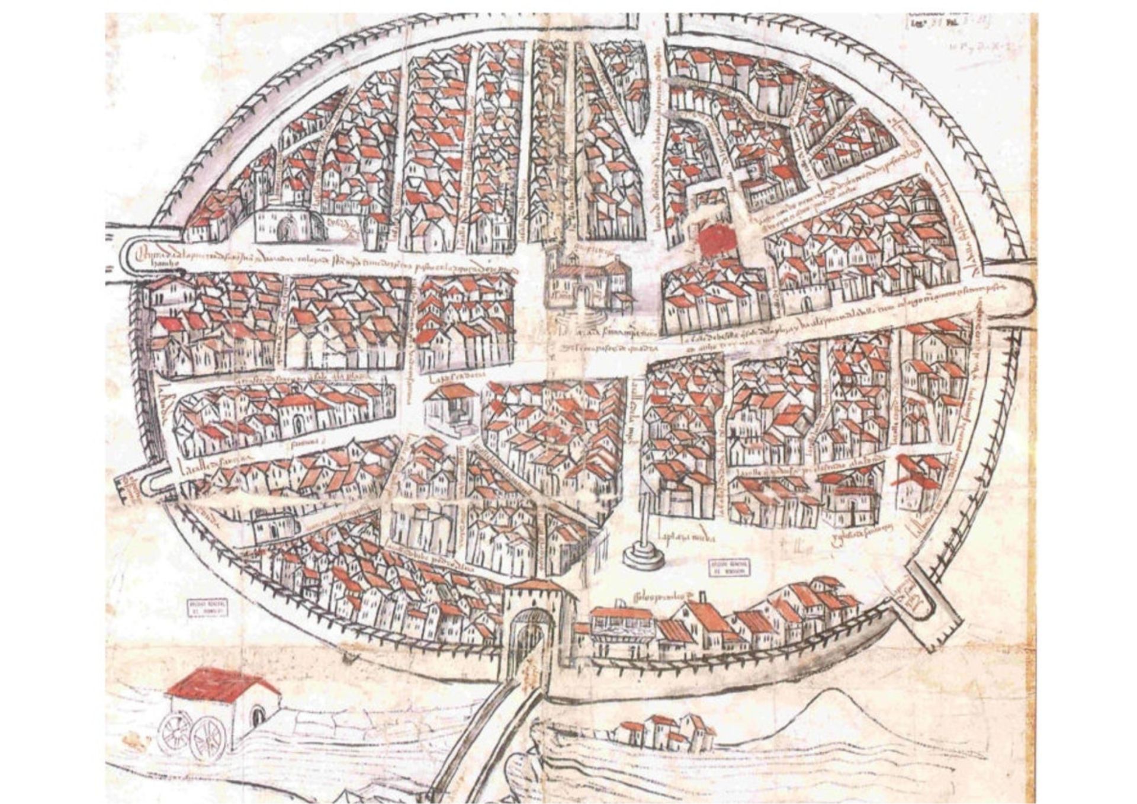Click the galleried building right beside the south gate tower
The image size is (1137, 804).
coord(622,628)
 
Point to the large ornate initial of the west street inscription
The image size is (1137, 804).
coord(140,256)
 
